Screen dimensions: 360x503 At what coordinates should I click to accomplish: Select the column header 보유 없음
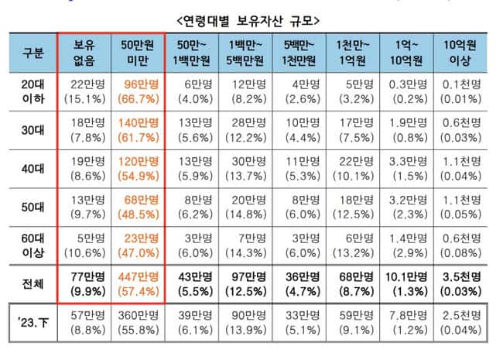[x=84, y=52]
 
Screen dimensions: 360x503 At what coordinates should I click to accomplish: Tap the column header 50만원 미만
[x=137, y=52]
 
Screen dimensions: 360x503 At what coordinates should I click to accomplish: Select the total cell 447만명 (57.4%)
[x=137, y=283]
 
